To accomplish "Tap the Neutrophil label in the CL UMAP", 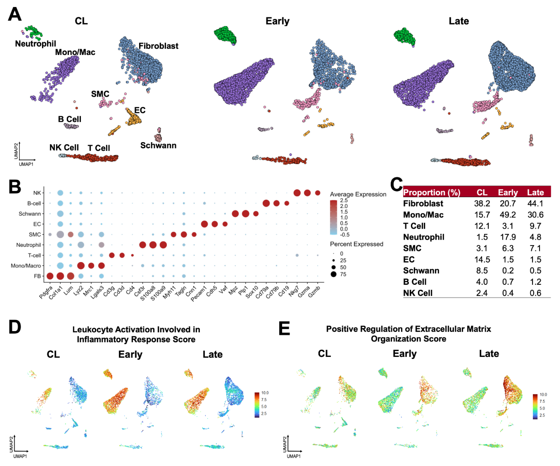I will [x=35, y=44].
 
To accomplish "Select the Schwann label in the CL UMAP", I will [x=158, y=146].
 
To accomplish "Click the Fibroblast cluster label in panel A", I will [x=158, y=46].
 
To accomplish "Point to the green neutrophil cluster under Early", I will [x=225, y=35].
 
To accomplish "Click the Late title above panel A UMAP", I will [x=459, y=21].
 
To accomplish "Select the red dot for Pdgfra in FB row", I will [x=50, y=276].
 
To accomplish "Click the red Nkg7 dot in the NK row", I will [x=297, y=193].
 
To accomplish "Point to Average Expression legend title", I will [x=358, y=194].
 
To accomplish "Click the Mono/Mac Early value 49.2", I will [x=508, y=215].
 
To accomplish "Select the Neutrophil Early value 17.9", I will [x=508, y=237].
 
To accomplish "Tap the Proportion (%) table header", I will [x=431, y=192].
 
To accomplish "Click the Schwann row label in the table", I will [x=421, y=271].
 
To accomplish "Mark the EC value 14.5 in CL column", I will [x=482, y=259].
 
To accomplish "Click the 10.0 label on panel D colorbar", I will [x=265, y=393].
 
